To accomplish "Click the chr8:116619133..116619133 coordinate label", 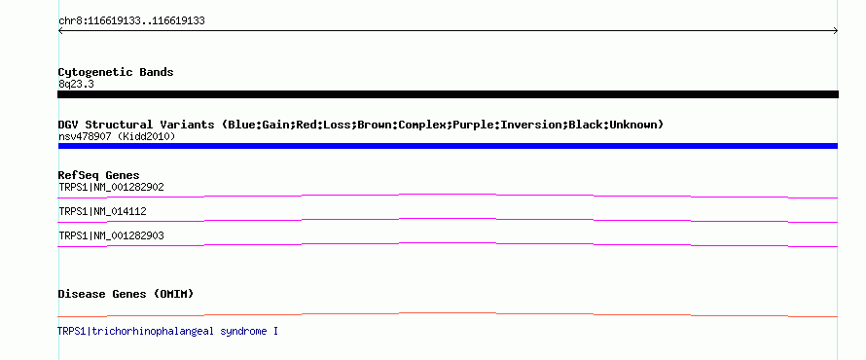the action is [x=132, y=21].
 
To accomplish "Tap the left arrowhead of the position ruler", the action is [x=60, y=31].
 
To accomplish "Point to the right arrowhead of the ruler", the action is [x=836, y=31].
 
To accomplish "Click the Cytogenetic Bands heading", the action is [x=116, y=72].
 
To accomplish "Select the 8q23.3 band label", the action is [x=76, y=84].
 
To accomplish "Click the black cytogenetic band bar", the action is [x=448, y=94].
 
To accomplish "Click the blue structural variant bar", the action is [x=448, y=146].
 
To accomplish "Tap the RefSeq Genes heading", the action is [x=99, y=175].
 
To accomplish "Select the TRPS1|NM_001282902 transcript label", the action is [x=112, y=188].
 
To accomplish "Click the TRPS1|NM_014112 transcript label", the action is [x=103, y=211].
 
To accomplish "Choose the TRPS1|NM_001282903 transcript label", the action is [x=112, y=236].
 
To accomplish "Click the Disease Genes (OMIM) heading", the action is [x=126, y=294].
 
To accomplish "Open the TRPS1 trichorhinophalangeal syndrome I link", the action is [x=168, y=331].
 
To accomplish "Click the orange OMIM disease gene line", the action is [x=448, y=313].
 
